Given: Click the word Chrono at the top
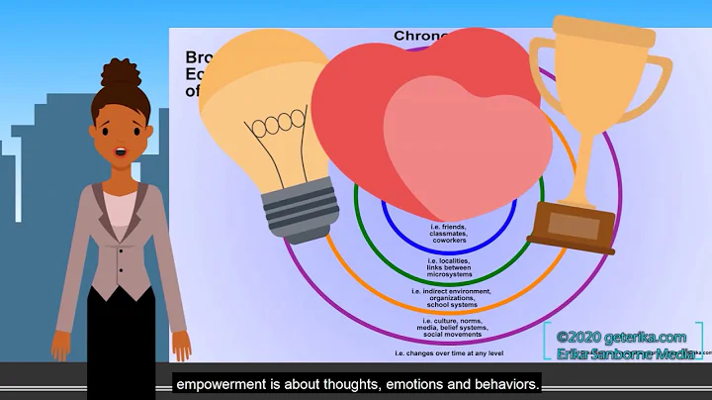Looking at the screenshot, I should coord(422,37).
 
